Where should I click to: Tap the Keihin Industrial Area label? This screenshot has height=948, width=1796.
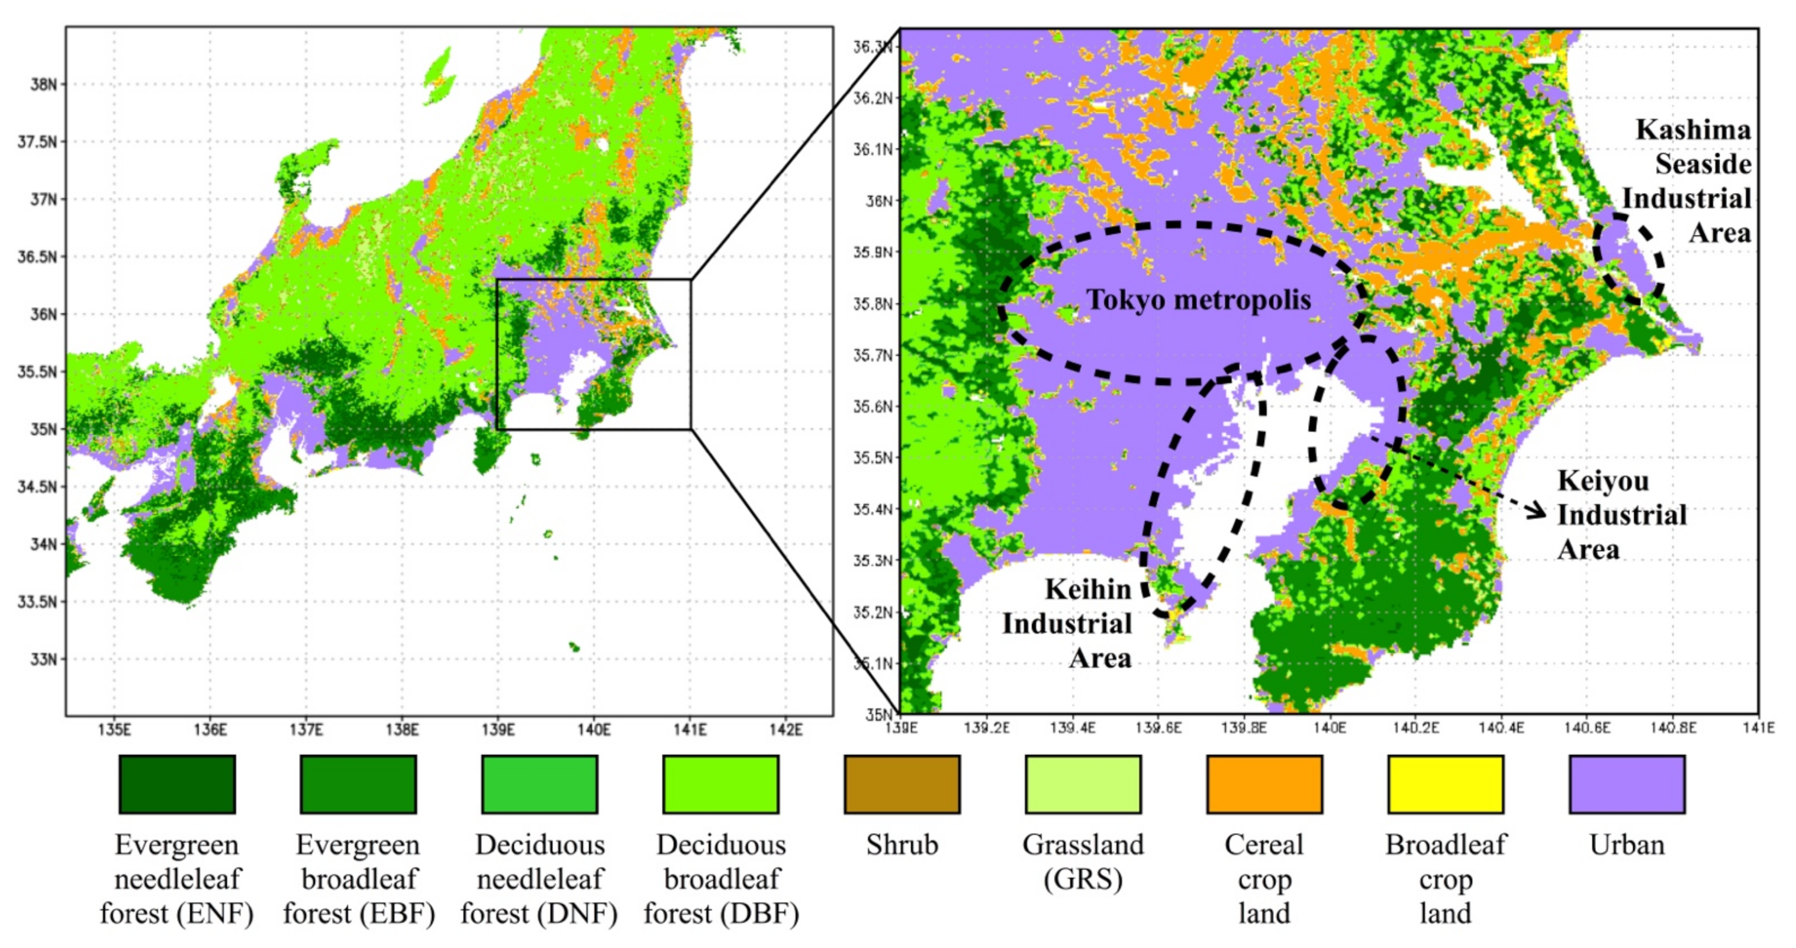pyautogui.click(x=1068, y=624)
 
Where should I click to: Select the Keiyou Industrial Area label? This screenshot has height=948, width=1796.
pyautogui.click(x=1622, y=515)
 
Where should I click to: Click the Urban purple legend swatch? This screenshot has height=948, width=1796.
pyautogui.click(x=1627, y=784)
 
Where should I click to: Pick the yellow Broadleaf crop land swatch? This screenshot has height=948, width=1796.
pyautogui.click(x=1446, y=784)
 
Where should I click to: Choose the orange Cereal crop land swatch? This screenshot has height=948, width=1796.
pyautogui.click(x=1264, y=784)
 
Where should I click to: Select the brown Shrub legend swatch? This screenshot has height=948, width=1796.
pyautogui.click(x=902, y=784)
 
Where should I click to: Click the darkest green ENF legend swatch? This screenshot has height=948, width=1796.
pyautogui.click(x=177, y=784)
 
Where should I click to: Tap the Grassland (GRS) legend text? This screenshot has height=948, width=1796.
pyautogui.click(x=1083, y=862)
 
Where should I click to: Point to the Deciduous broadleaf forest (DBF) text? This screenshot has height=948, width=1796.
pyautogui.click(x=721, y=878)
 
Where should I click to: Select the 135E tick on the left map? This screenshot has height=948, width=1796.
pyautogui.click(x=114, y=730)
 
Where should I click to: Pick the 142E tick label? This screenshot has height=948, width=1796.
pyautogui.click(x=786, y=730)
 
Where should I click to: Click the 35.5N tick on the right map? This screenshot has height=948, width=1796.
pyautogui.click(x=874, y=458)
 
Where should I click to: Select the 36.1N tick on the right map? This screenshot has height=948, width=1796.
pyautogui.click(x=874, y=149)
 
